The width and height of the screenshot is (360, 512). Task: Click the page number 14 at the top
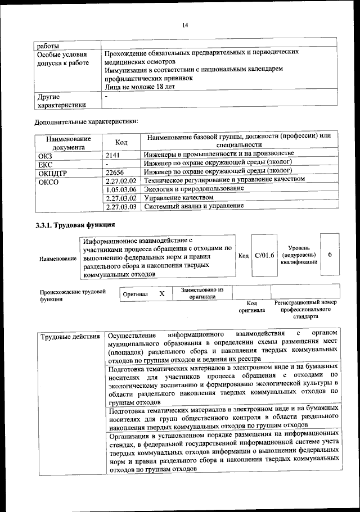185,25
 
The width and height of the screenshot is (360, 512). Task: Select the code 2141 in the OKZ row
114,154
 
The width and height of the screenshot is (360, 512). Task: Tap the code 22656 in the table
115,172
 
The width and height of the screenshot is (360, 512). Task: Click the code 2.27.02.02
121,180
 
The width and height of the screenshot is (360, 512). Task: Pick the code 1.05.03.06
121,189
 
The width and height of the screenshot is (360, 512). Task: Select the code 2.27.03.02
121,198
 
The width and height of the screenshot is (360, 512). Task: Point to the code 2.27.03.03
121,207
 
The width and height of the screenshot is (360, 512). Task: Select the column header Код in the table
121,142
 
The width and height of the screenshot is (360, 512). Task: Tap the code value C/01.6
264,255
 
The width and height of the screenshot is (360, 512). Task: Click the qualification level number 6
330,255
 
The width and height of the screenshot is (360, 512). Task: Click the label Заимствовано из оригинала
202,293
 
